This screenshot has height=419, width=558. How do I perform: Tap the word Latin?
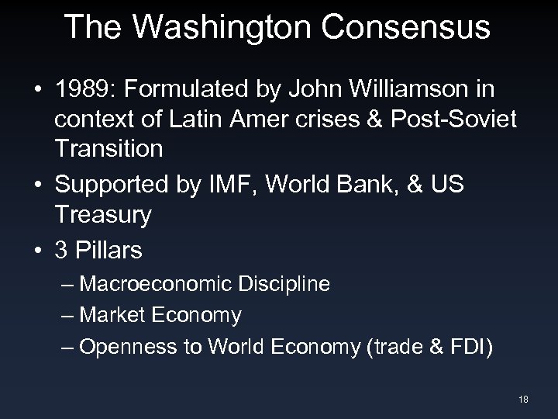pyautogui.click(x=205, y=120)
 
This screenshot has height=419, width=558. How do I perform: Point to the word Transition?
pyautogui.click(x=109, y=148)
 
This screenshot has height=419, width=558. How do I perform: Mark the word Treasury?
pyautogui.click(x=103, y=215)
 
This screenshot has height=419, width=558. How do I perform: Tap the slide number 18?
pyautogui.click(x=524, y=399)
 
